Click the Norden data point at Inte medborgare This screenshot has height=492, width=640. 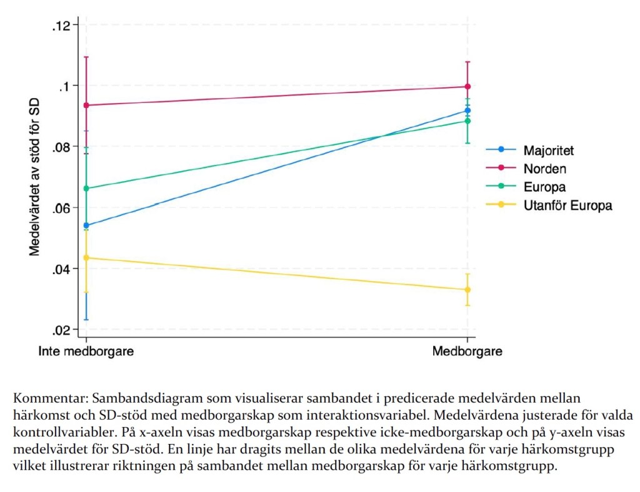point(86,105)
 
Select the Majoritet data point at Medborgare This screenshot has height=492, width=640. point(467,111)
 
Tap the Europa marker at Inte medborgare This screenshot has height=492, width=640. point(86,188)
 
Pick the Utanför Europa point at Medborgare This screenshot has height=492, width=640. point(467,290)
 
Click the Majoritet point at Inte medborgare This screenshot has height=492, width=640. point(86,225)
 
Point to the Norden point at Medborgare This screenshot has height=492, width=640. point(467,87)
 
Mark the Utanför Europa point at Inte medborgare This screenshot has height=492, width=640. point(86,258)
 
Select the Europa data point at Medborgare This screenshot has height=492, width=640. point(467,121)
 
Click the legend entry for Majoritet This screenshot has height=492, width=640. point(548,150)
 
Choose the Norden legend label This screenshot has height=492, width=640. point(545,168)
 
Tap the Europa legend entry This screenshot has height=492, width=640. point(544,187)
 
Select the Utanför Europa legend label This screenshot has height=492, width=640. point(567,205)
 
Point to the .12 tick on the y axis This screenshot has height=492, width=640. point(64,25)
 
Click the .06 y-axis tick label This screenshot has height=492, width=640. point(64,208)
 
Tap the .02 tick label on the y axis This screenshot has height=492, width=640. point(64,330)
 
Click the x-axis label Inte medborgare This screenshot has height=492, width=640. point(86,352)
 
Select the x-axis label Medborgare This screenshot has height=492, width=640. point(467,352)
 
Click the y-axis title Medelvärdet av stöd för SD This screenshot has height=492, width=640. point(35,177)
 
